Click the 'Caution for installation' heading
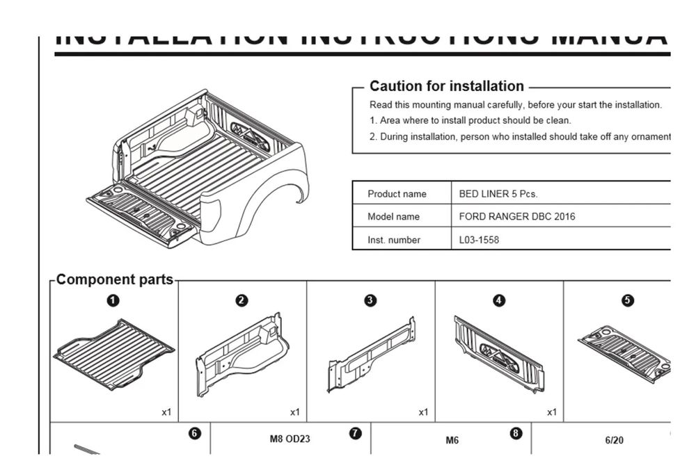pos(446,86)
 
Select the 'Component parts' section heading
pos(114,279)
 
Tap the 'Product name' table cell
pos(397,194)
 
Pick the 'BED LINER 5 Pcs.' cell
pos(498,194)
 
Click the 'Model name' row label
pos(393,217)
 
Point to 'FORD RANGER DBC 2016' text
pos(517,217)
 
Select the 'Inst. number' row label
pos(394,241)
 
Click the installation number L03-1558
pos(479,241)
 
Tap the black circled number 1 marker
pos(113,300)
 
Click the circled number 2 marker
pos(242,300)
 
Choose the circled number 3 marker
pos(370,300)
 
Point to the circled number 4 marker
pos(499,300)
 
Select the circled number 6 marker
pos(195,433)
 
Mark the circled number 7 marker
pos(355,433)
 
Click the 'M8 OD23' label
pos(290,439)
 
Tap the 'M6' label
pos(452,440)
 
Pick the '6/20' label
pos(615,440)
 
